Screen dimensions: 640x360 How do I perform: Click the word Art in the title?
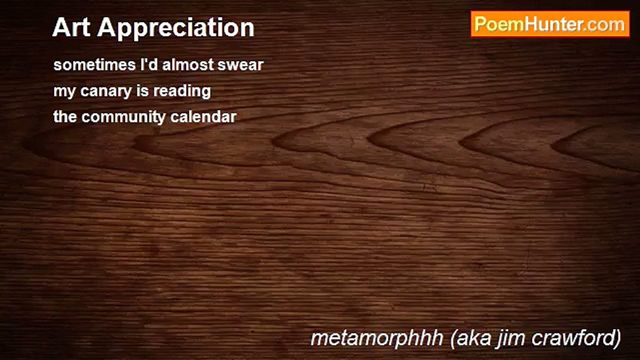[x=71, y=27]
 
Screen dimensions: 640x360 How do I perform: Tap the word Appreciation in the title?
[x=175, y=28]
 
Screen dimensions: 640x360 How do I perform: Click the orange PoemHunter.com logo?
[x=550, y=24]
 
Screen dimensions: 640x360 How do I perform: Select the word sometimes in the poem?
[x=94, y=64]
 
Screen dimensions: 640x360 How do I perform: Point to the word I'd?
[x=148, y=64]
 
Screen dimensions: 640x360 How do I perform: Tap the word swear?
[x=240, y=65]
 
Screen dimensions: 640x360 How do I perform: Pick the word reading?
[x=182, y=91]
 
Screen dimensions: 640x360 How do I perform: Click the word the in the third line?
[x=65, y=116]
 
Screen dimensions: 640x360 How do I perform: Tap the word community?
[x=123, y=117]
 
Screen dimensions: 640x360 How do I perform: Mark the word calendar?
[x=203, y=116]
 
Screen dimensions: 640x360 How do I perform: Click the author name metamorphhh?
[x=377, y=339]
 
